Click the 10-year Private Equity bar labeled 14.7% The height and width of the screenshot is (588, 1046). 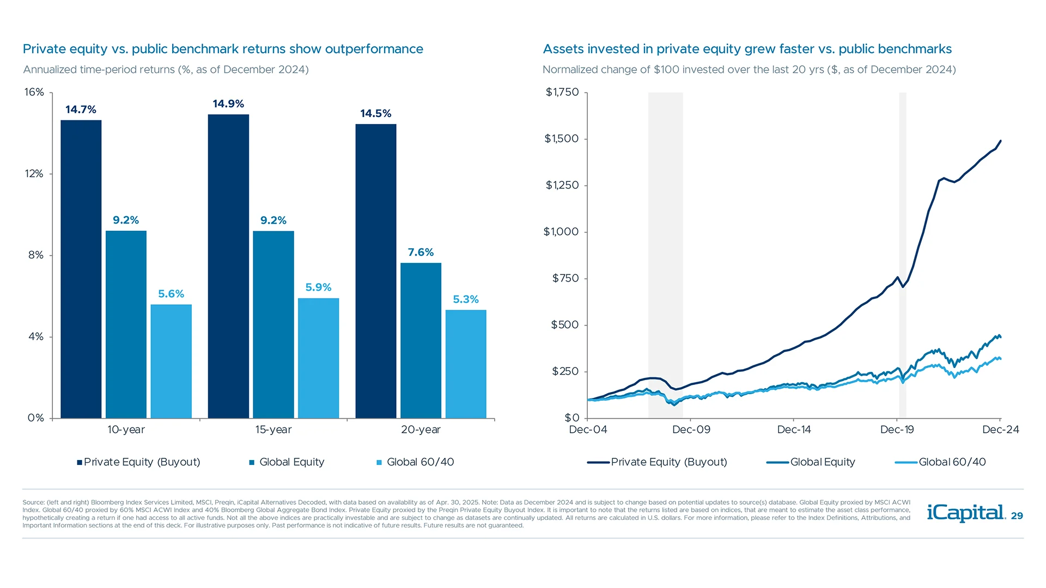(81, 269)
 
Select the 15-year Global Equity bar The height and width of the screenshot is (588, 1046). (273, 324)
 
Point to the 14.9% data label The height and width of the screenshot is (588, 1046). (228, 104)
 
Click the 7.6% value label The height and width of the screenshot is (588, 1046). (421, 252)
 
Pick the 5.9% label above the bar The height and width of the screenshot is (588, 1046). (318, 287)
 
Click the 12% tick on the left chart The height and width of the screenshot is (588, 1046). (34, 174)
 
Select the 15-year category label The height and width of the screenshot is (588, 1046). (273, 430)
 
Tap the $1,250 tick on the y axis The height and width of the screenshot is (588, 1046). (562, 185)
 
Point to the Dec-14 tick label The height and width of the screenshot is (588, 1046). (794, 430)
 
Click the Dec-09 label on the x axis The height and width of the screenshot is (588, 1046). (691, 430)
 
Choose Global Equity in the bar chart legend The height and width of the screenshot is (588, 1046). (291, 462)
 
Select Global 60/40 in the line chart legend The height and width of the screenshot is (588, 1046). (952, 462)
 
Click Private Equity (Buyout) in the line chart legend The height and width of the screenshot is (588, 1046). (668, 462)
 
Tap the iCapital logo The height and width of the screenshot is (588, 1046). (965, 513)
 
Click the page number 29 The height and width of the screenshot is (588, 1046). (1017, 516)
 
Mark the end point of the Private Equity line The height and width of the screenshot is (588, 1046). (1000, 141)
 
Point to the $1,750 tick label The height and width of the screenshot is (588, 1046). (562, 92)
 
